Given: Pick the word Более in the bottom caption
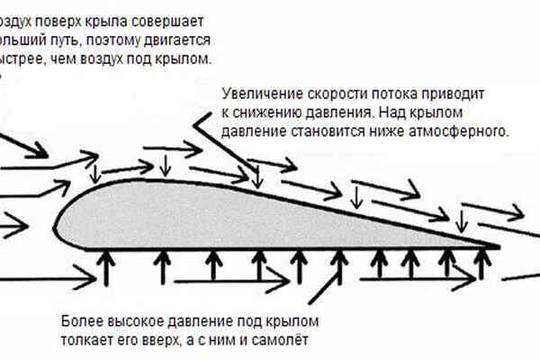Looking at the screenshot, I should [x=84, y=321].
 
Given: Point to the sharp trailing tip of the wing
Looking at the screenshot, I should [x=498, y=243].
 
